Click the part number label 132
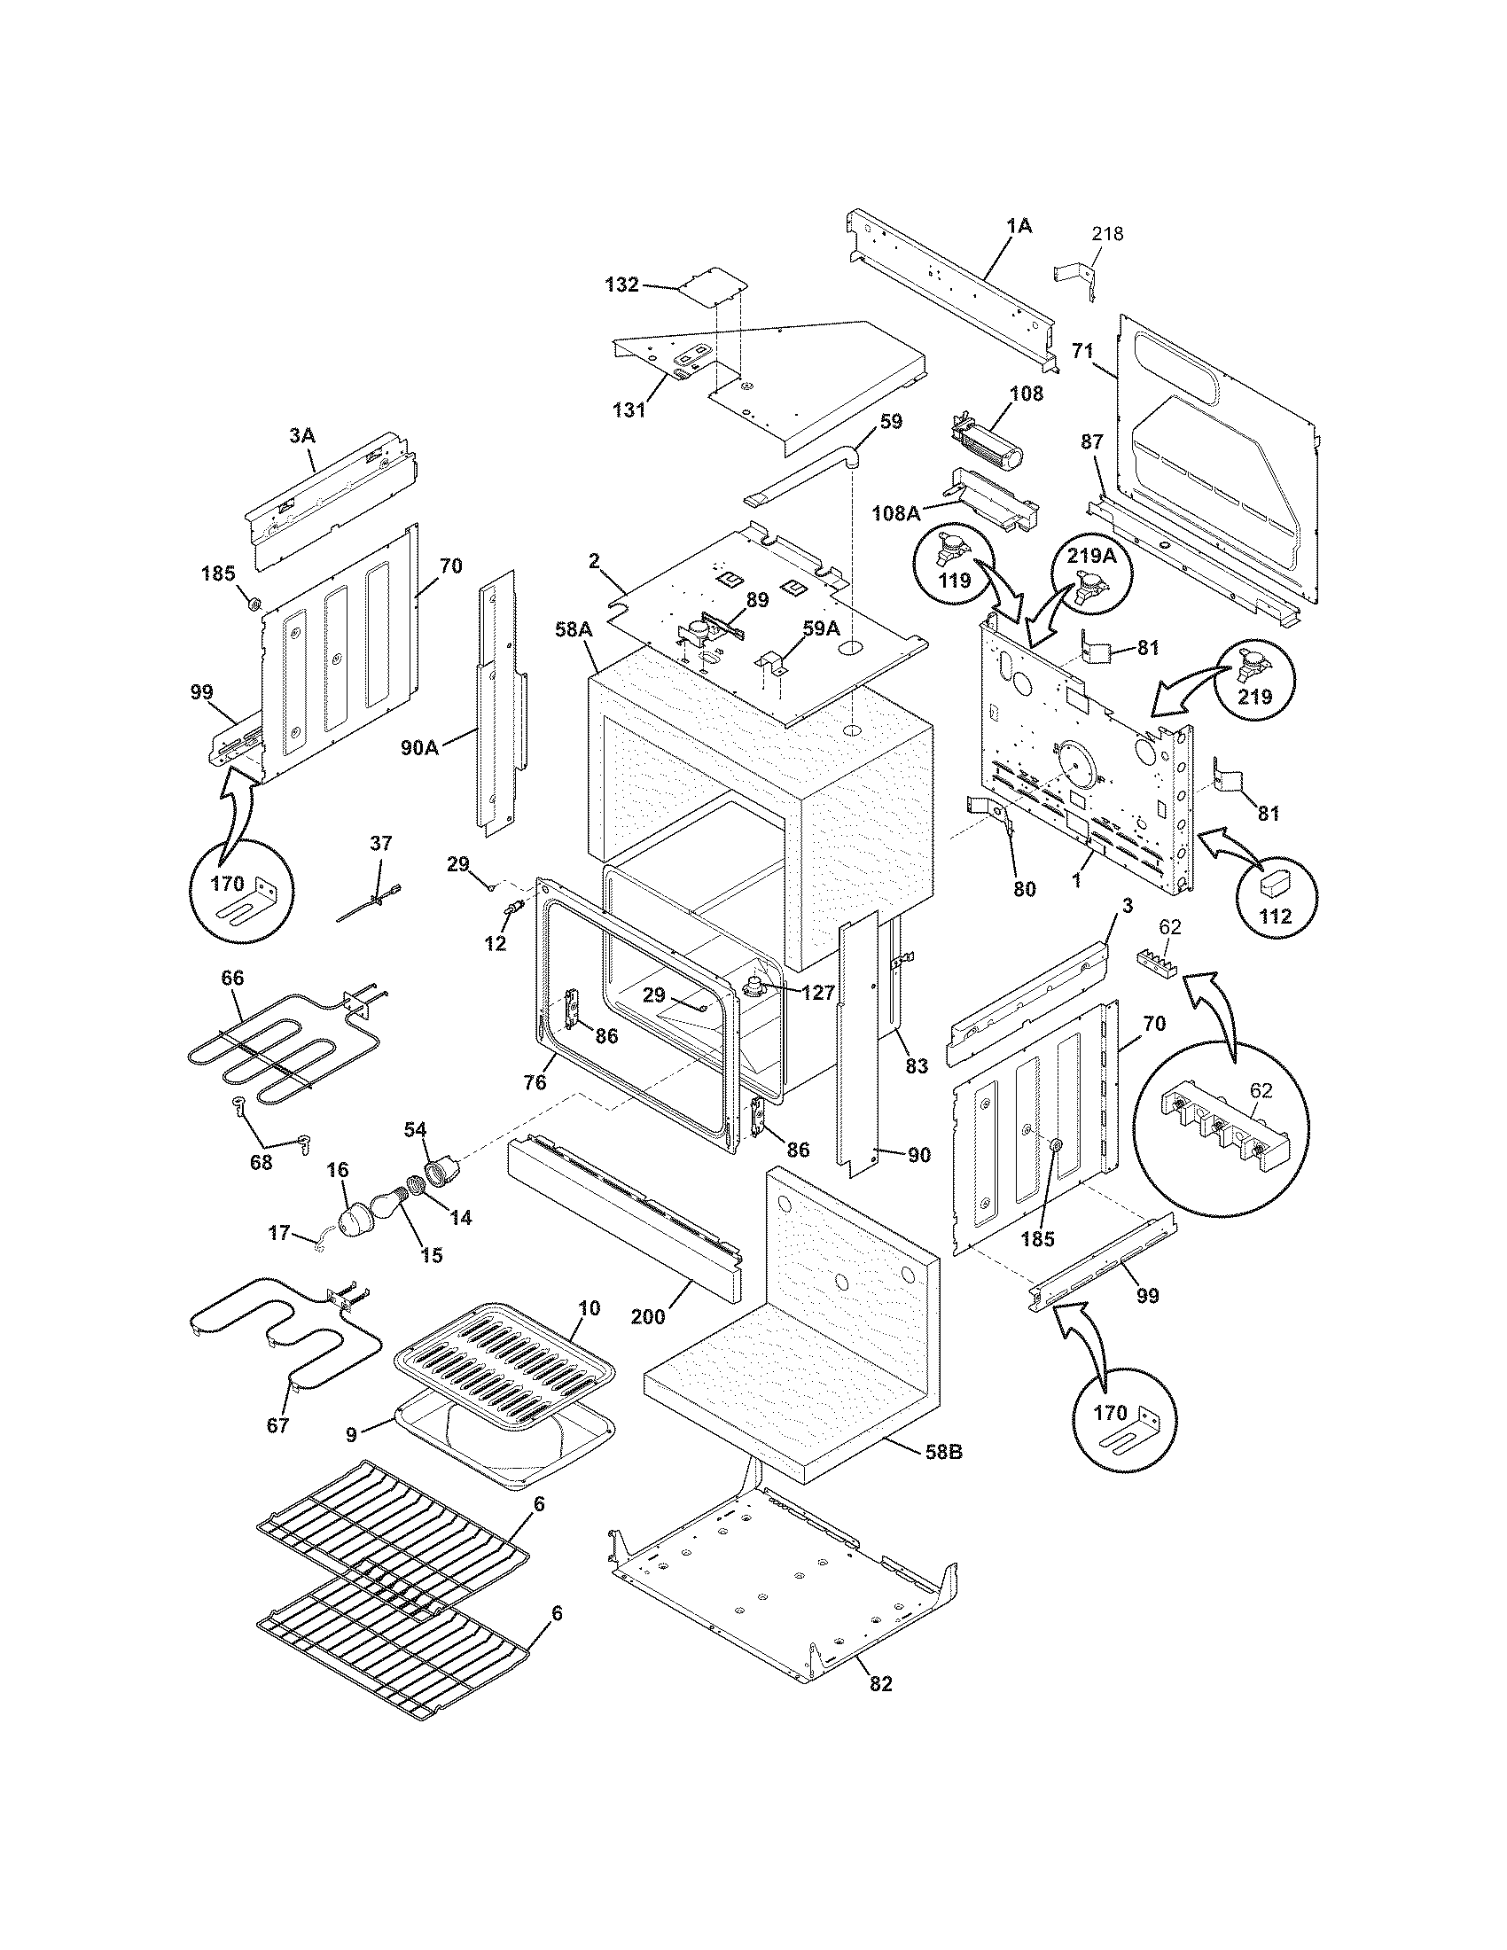click(x=621, y=285)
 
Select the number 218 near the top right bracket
click(x=1107, y=234)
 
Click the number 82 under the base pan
click(x=879, y=1684)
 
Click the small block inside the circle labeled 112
click(x=1274, y=881)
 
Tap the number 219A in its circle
click(x=1090, y=555)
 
